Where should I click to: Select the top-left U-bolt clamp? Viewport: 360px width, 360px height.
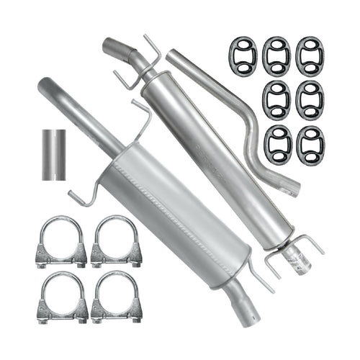pos(60,243)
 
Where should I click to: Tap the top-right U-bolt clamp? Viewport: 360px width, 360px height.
pos(116,243)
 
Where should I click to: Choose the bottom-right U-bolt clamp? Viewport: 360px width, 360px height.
pos(116,297)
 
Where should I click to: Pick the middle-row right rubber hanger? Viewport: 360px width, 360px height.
pos(310,99)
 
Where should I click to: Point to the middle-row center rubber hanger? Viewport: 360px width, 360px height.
pos(276,99)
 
